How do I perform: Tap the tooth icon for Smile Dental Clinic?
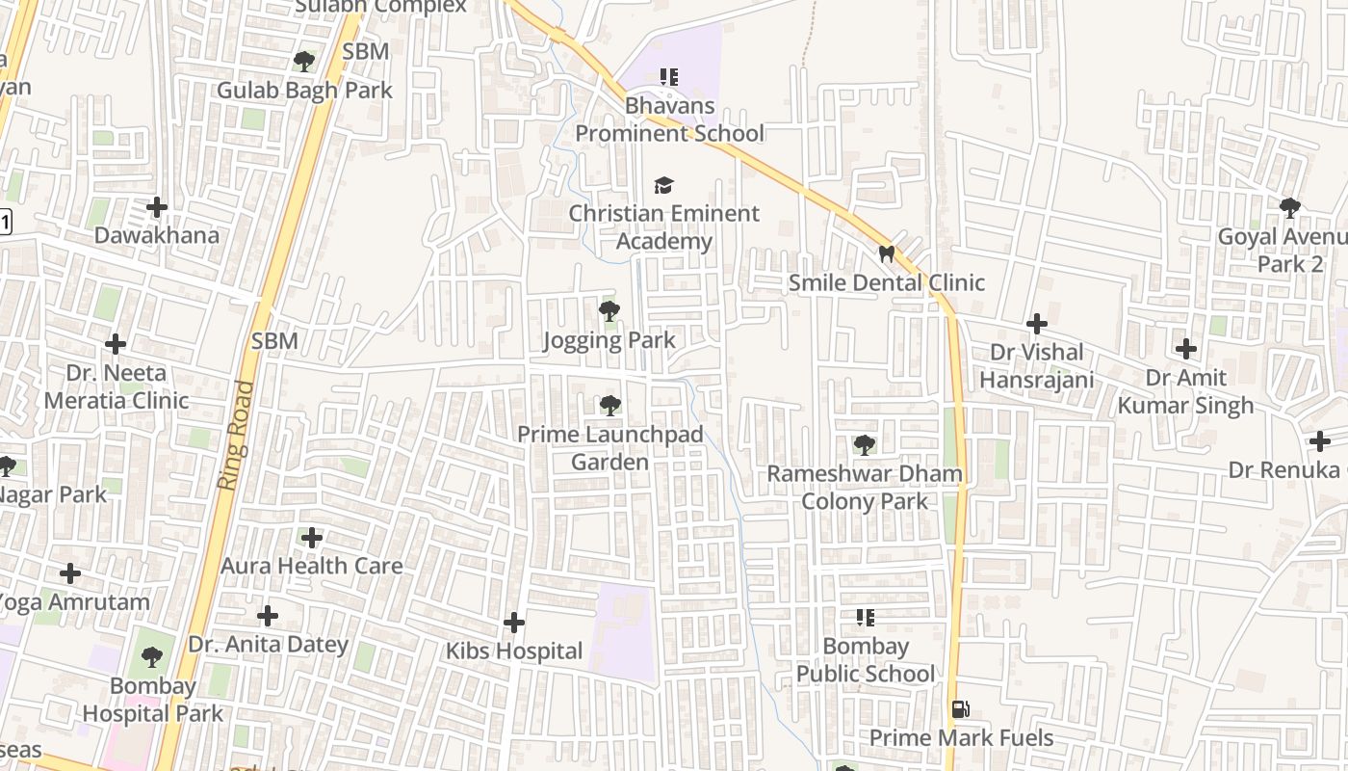887,254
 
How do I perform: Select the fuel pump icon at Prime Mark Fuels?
960,709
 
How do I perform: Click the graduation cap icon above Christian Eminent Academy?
663,185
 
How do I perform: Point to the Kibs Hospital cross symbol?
514,623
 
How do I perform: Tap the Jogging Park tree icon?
609,311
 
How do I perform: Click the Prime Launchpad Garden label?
610,448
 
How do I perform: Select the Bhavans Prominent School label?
670,120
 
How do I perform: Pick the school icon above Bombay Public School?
865,618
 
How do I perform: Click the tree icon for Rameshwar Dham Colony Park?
865,445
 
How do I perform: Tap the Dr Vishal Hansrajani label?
1037,366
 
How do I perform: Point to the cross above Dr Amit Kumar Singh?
1186,349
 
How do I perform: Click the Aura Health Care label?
312,566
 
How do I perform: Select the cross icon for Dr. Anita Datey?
268,616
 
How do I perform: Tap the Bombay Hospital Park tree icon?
151,658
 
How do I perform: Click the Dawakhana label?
156,235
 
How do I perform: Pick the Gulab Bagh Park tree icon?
304,62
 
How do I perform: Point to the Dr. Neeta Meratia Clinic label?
117,386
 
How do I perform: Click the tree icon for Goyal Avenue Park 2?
1289,208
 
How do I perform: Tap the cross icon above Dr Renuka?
1319,441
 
